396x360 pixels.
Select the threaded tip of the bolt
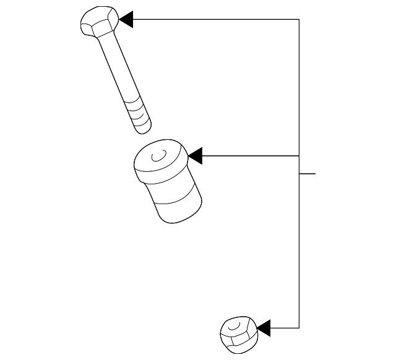(x=140, y=118)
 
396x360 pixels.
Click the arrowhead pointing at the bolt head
(x=126, y=19)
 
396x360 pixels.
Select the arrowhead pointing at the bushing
(x=196, y=155)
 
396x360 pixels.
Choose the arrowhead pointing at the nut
(x=263, y=327)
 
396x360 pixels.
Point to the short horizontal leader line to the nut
(x=285, y=327)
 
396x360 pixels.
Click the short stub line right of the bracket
(x=308, y=173)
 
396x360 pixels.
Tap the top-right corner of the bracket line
(x=299, y=19)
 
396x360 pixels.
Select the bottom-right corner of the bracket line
(x=299, y=327)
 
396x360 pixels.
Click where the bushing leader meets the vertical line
(x=299, y=155)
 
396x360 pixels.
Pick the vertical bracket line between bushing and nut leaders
(x=299, y=247)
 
